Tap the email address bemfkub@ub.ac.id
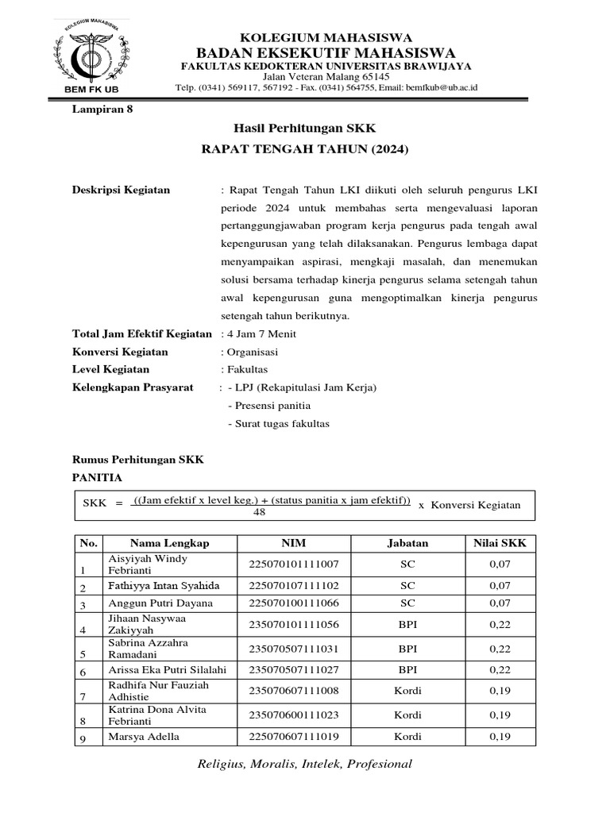click(x=442, y=88)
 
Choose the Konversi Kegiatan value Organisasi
click(x=249, y=352)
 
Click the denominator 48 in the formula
click(x=259, y=513)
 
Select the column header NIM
click(x=293, y=543)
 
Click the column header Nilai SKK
click(x=500, y=543)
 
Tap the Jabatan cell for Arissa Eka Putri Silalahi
click(x=407, y=670)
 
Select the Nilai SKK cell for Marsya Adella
click(x=500, y=736)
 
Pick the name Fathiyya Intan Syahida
click(x=163, y=585)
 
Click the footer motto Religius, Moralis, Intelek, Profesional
click(x=304, y=764)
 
